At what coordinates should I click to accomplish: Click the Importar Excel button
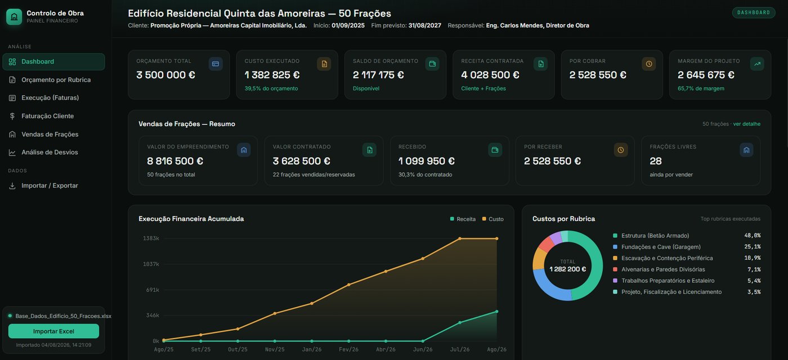(x=53, y=331)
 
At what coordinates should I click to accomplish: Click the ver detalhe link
(x=746, y=124)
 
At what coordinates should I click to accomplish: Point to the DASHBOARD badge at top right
(x=754, y=12)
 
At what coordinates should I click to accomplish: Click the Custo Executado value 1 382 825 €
(x=272, y=75)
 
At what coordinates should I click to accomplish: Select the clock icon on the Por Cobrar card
(x=648, y=64)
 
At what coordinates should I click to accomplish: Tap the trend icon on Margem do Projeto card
(x=757, y=64)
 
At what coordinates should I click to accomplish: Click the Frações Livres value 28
(x=656, y=161)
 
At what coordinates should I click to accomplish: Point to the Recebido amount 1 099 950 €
(x=427, y=161)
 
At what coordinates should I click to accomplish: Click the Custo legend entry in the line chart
(x=493, y=219)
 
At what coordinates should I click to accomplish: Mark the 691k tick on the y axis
(x=153, y=290)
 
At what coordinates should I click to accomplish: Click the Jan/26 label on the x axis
(x=312, y=349)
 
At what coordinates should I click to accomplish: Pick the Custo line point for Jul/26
(x=460, y=238)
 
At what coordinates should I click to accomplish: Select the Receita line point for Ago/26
(x=496, y=312)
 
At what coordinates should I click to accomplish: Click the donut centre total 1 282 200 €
(x=568, y=269)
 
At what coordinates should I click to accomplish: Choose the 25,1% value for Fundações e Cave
(x=753, y=247)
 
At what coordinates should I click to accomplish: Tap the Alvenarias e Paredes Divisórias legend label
(x=663, y=269)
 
